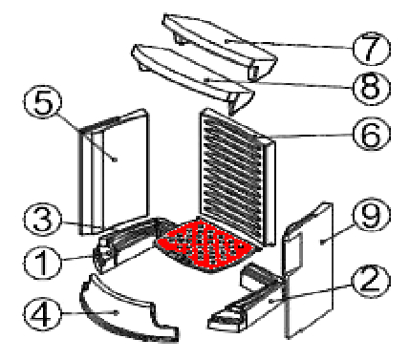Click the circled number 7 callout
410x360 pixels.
click(x=372, y=49)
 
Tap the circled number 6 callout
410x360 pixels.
click(x=372, y=134)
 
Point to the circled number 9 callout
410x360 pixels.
click(x=372, y=214)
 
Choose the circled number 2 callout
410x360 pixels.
click(x=371, y=281)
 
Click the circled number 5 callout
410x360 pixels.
click(x=42, y=102)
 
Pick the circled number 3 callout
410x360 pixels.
click(x=42, y=220)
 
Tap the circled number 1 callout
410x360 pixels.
click(x=42, y=263)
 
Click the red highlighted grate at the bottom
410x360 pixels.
click(x=206, y=245)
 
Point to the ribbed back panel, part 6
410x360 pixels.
click(x=236, y=179)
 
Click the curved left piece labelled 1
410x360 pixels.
click(x=127, y=242)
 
